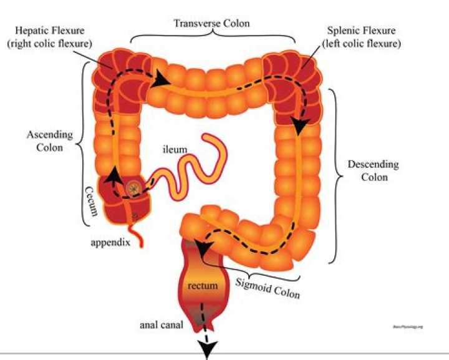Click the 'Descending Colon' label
coord(373,170)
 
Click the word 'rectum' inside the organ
coord(203,286)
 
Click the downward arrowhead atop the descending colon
coord(301,127)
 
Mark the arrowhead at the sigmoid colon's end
coord(201,248)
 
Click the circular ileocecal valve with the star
coord(133,188)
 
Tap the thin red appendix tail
coord(138,231)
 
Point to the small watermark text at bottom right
coord(408,326)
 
